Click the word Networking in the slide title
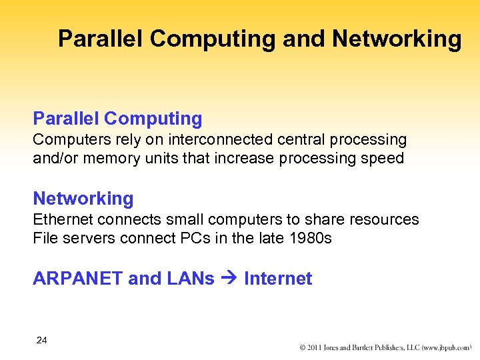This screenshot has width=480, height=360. [397, 39]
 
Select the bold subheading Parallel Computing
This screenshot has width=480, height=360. [117, 119]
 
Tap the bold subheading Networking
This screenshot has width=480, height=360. [83, 198]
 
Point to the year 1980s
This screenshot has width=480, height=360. [311, 237]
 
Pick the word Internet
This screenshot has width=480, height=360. [278, 279]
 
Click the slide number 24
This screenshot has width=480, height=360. [42, 341]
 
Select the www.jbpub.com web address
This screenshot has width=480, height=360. [444, 347]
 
